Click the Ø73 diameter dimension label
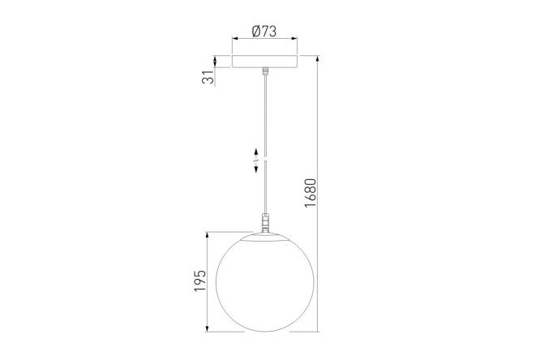264,32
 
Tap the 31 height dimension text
208,78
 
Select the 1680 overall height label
310,193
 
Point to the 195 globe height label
199,281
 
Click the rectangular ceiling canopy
264,61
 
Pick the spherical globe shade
265,282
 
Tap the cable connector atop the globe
265,223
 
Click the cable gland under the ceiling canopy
265,71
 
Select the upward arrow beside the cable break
256,152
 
